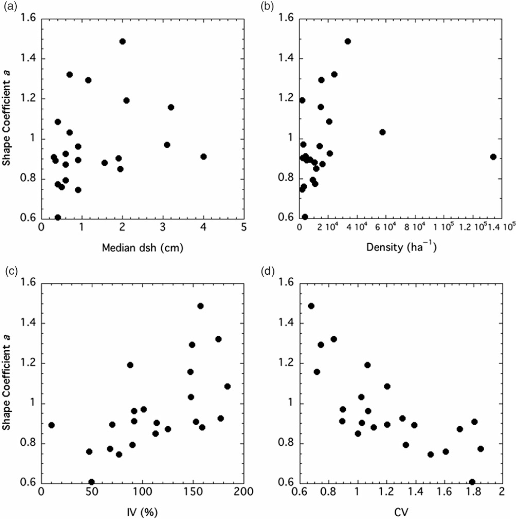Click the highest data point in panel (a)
pos(122,42)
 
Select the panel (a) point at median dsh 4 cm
pos(204,157)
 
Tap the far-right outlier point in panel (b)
pos(493,157)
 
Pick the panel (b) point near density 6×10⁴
pos(382,132)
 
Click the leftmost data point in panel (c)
pos(51,425)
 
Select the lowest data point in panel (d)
pos(472,482)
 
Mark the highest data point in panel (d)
pos(311,306)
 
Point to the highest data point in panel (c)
pos(201,306)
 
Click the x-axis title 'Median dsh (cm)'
pos(142,248)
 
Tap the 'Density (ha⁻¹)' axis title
pos(401,247)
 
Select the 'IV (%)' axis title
pos(142,512)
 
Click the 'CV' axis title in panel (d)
pos(401,512)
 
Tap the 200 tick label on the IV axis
pos(244,492)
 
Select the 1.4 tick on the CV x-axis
pos(415,492)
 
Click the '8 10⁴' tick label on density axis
pos(415,227)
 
